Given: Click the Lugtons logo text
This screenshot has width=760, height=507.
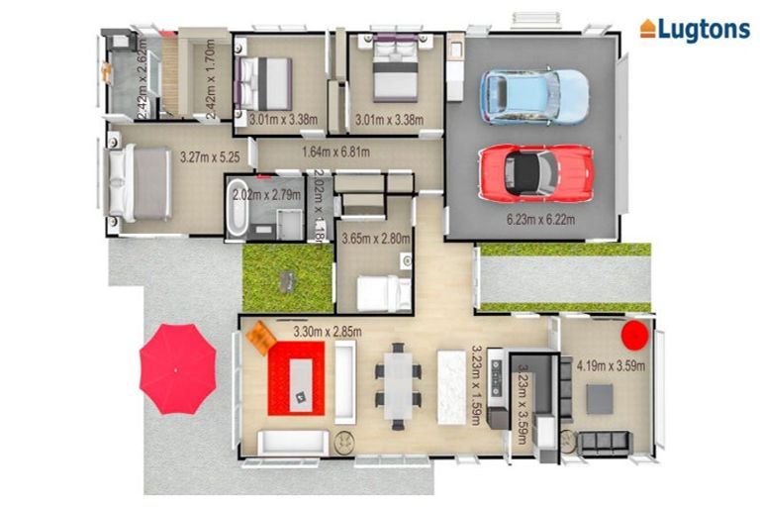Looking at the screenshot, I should [x=704, y=29].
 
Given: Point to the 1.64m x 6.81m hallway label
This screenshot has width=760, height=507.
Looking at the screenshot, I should [x=335, y=152].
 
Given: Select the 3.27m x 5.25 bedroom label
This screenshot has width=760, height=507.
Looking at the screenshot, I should [x=212, y=155].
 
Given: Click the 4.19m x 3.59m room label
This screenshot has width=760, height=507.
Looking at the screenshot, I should [x=611, y=366].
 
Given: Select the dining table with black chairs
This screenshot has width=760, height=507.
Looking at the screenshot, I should [x=397, y=383].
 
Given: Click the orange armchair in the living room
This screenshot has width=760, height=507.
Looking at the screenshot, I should [x=260, y=338].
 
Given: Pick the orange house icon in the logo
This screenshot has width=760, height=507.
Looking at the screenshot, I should [x=648, y=29].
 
